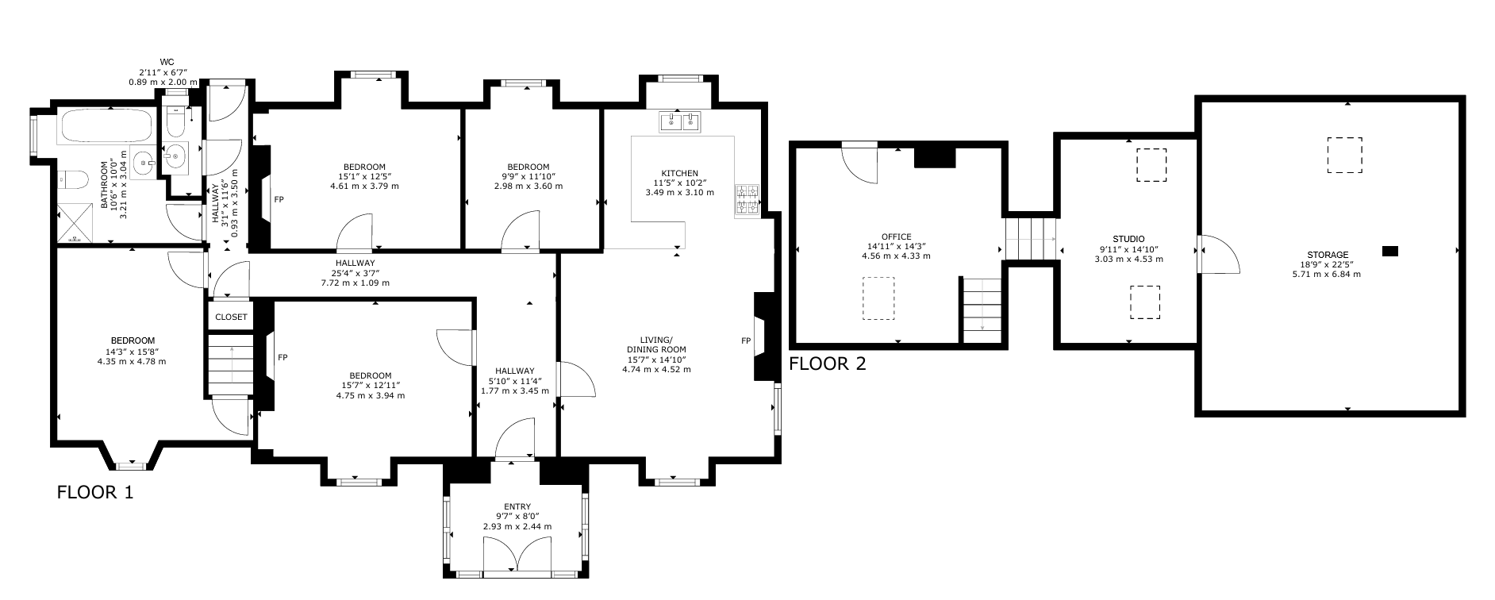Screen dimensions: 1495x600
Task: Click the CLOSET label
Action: [x=231, y=317]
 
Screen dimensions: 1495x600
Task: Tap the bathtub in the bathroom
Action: [x=107, y=127]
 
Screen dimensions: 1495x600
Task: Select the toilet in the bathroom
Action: [x=71, y=180]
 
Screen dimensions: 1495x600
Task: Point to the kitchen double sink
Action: [x=681, y=121]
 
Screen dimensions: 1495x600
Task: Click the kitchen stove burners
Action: [x=747, y=201]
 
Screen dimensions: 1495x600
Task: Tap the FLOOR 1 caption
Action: [x=95, y=492]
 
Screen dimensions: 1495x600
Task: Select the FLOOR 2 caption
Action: [x=828, y=364]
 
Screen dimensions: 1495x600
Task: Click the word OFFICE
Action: [x=896, y=237]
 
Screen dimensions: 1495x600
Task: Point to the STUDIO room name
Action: [x=1128, y=238]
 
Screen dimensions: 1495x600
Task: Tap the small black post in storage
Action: [x=1389, y=252]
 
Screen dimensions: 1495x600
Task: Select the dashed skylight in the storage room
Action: [x=1344, y=155]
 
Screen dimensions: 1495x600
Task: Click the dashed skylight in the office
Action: [x=878, y=298]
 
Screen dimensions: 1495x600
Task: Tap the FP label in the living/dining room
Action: [x=746, y=340]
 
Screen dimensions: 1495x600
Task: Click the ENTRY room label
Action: [x=517, y=507]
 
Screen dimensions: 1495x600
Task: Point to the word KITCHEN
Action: [x=680, y=173]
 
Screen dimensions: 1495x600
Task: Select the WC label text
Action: [x=167, y=62]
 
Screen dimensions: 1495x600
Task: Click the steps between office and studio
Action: [x=1030, y=237]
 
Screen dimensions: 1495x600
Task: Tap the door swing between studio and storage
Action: [x=1218, y=254]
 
